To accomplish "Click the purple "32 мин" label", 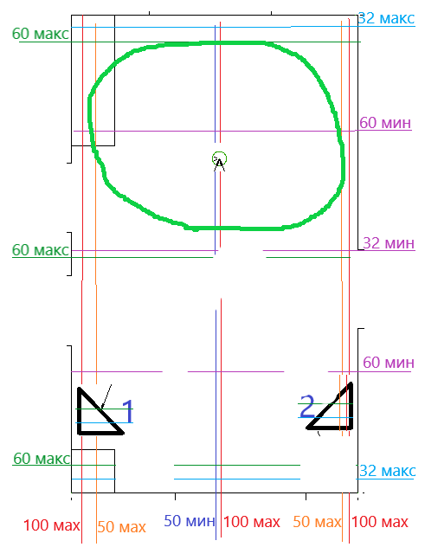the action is click(x=389, y=243).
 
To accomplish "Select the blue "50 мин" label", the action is click(x=190, y=521).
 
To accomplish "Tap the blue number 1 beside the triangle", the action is click(x=128, y=411).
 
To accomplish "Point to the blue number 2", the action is click(x=307, y=406).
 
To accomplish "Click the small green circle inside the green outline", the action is click(x=219, y=158).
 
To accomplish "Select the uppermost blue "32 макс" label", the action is click(x=386, y=18).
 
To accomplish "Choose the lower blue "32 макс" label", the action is click(x=388, y=471).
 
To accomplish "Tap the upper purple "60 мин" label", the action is click(x=385, y=123).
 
